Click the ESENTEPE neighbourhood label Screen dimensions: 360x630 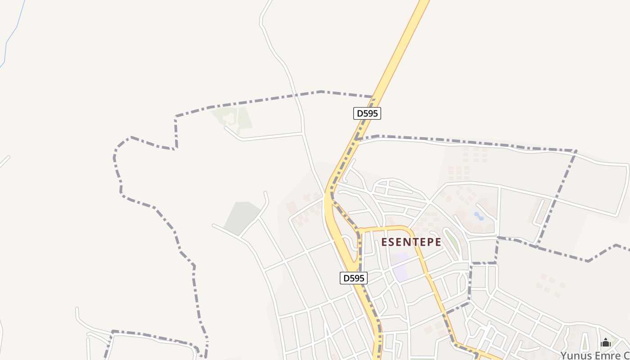411,242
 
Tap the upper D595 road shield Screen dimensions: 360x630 367,113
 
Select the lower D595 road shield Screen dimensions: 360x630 353,278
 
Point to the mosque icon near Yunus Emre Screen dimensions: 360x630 606,343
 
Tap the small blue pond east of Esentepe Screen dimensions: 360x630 479,216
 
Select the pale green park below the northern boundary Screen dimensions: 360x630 235,118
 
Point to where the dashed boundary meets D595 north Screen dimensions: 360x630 373,97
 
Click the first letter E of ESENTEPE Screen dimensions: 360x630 384,242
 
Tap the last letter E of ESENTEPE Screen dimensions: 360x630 438,242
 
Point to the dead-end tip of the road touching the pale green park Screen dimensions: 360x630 225,128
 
